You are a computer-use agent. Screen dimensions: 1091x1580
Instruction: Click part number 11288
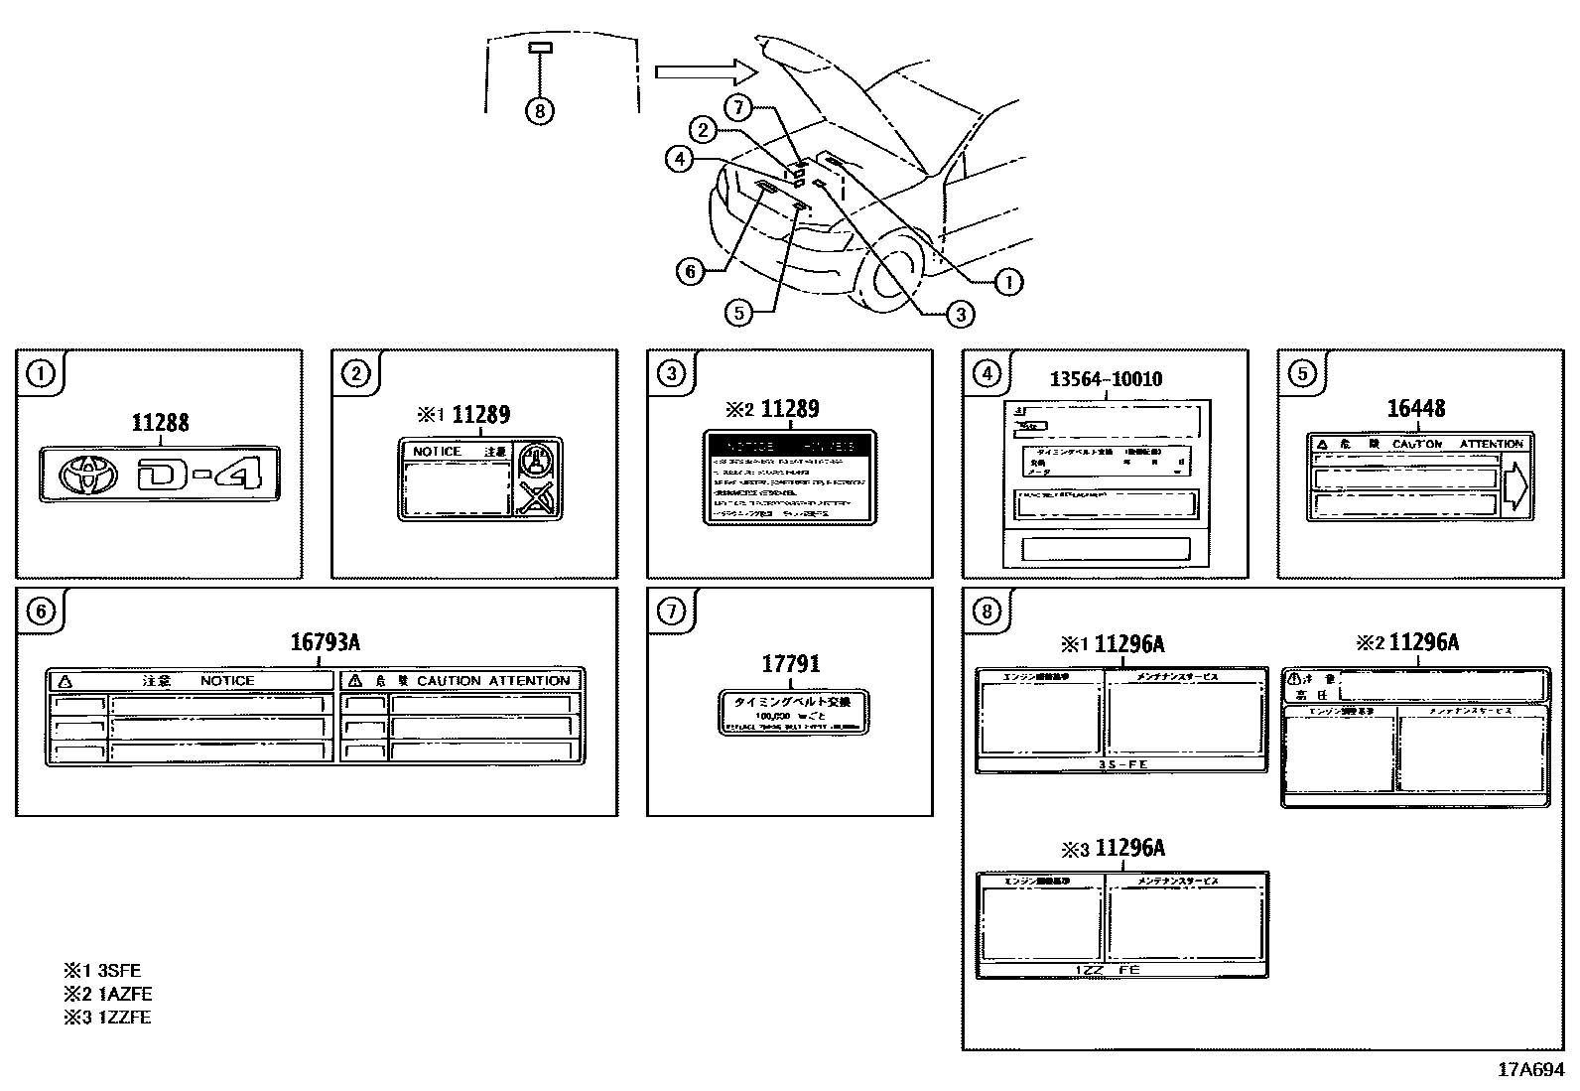[x=160, y=423]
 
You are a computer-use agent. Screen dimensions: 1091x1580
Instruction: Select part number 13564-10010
[x=1106, y=379]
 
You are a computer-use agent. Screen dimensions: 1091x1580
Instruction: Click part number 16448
[x=1415, y=409]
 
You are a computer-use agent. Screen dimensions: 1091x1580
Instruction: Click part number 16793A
[x=325, y=642]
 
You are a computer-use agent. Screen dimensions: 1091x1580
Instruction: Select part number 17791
[x=790, y=664]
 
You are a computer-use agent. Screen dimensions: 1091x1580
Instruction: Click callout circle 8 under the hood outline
[x=539, y=110]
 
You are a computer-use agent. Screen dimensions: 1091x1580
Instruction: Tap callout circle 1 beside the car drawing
[x=1008, y=283]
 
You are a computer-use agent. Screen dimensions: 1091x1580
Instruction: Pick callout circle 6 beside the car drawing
[x=692, y=271]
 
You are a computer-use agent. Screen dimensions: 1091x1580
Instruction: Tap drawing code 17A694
[x=1530, y=1069]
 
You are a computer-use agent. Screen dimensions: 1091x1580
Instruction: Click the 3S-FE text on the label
[x=1121, y=765]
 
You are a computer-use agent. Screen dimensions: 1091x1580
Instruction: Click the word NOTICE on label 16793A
[x=226, y=681]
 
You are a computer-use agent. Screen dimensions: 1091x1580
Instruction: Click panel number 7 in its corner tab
[x=672, y=612]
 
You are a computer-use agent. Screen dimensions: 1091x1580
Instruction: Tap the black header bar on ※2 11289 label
[x=789, y=447]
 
